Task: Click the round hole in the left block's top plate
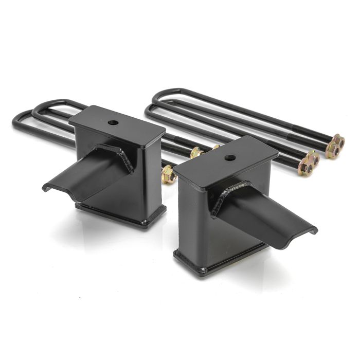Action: click(113, 123)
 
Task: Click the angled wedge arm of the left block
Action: click(87, 173)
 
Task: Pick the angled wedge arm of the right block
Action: click(267, 216)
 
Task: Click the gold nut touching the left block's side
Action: click(168, 175)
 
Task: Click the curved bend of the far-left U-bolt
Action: click(16, 121)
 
